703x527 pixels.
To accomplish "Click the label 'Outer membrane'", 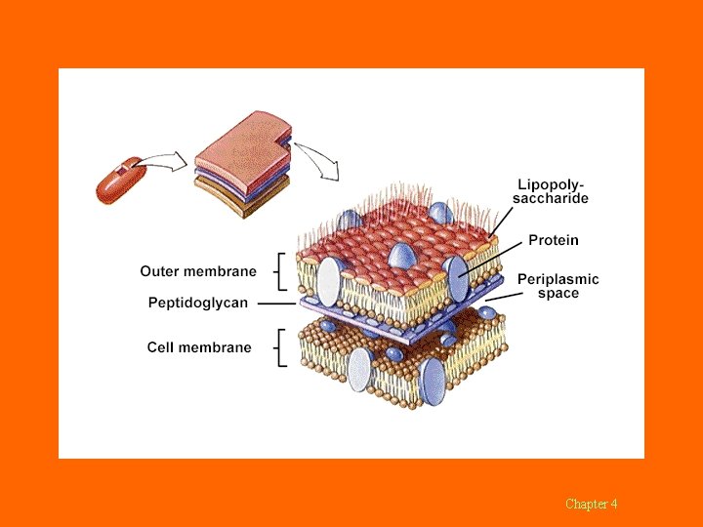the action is coord(198,271).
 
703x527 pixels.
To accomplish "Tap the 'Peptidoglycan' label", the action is coord(198,303).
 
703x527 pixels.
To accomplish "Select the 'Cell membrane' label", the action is coord(199,346).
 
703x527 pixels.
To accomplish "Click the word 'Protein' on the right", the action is coord(553,240).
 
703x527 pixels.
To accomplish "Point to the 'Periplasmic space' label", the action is coord(558,286).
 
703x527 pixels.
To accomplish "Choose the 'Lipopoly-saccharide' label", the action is coord(552,190).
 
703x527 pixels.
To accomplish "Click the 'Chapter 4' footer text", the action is coord(591,504).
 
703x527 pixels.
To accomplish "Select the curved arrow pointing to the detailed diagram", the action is coord(317,160).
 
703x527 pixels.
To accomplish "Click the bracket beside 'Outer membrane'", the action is coord(281,271).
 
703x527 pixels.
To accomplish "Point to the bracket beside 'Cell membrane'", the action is coord(282,347).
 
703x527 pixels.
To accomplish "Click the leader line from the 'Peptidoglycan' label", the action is coord(277,304).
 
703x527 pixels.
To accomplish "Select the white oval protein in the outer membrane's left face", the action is coord(329,282).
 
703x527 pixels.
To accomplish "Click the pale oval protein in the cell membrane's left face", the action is coord(360,370).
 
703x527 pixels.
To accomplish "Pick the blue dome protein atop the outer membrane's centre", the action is coord(401,258).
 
